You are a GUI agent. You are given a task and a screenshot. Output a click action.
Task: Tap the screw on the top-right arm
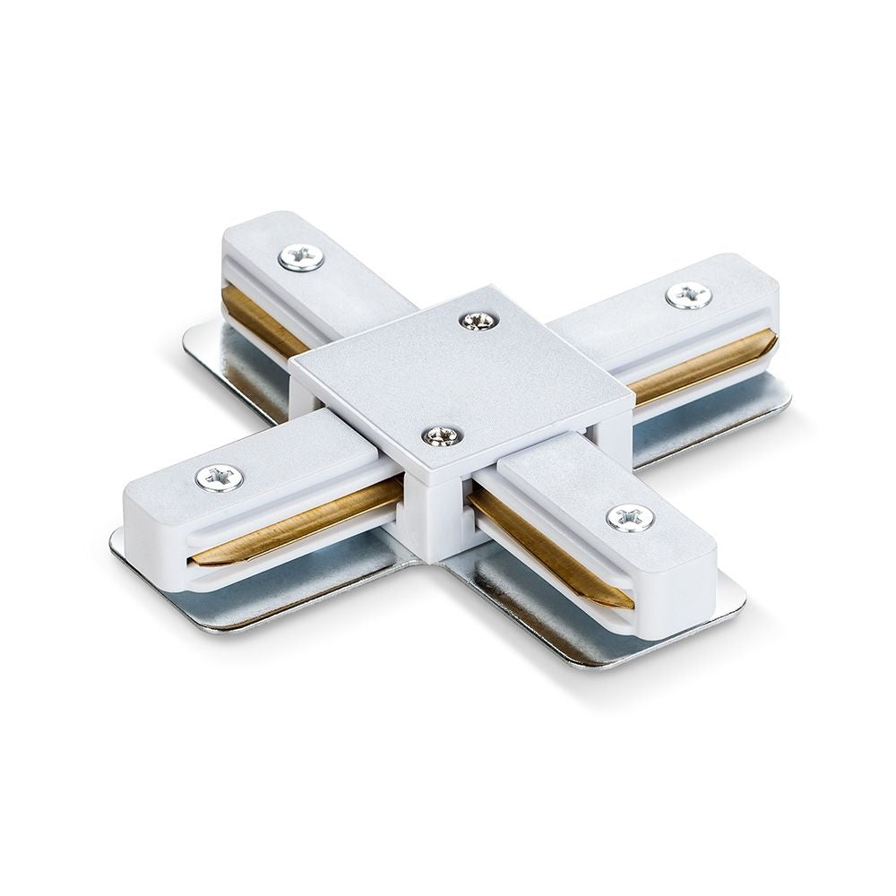pyautogui.click(x=688, y=295)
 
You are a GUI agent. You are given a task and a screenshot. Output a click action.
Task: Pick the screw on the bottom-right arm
pyautogui.click(x=630, y=517)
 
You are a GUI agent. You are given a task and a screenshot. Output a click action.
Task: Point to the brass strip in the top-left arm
pyautogui.click(x=260, y=318)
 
